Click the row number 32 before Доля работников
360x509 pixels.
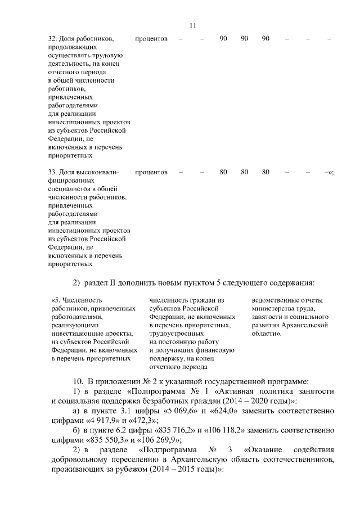(52, 39)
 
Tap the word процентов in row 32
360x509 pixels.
(151, 39)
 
